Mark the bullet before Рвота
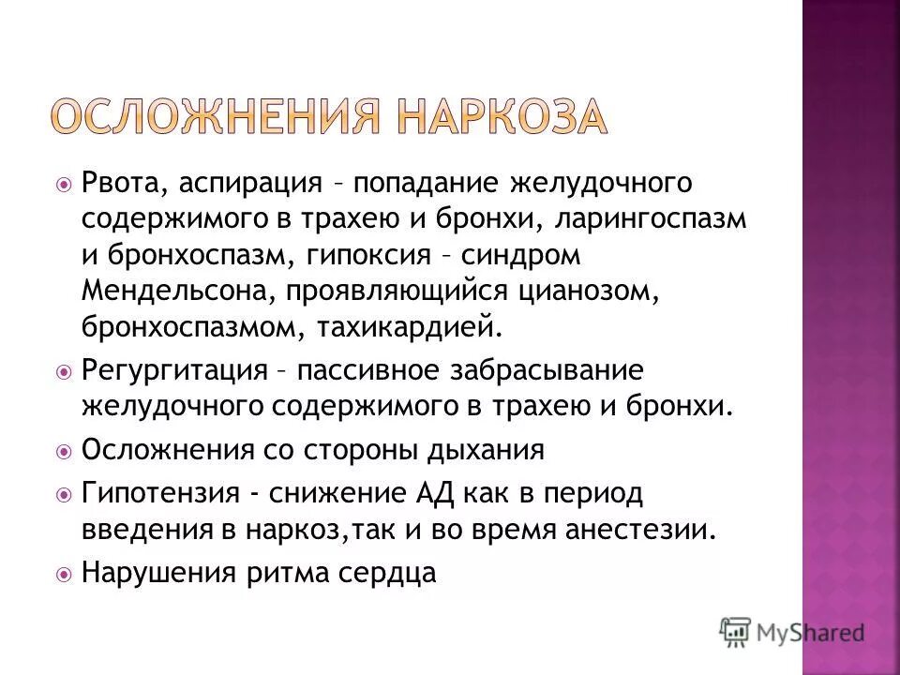point(64,182)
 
